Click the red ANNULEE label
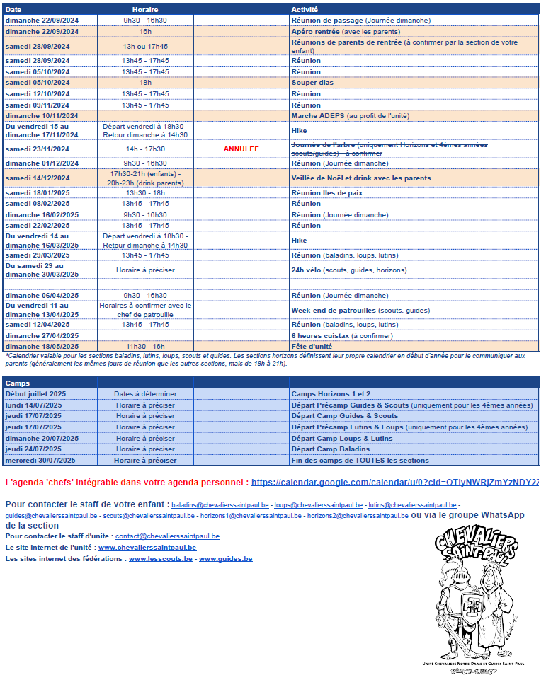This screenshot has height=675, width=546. click(241, 149)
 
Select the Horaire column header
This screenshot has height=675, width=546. click(145, 9)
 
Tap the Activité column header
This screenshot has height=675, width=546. click(305, 9)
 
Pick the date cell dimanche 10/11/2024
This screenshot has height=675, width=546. click(42, 115)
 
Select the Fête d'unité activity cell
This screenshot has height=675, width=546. click(312, 346)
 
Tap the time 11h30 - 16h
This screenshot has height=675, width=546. click(145, 346)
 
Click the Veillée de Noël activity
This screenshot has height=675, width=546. click(361, 178)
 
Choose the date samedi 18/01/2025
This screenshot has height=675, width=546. click(38, 192)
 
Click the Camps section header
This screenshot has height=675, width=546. click(18, 382)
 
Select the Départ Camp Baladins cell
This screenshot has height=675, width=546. click(331, 449)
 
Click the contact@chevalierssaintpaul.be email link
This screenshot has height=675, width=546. click(167, 537)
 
